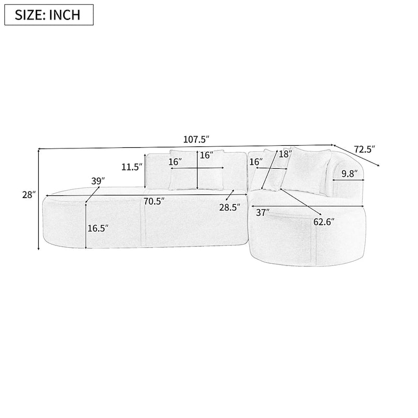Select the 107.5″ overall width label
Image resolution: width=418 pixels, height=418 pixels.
[196, 140]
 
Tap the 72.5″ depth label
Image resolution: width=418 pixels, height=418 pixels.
[364, 149]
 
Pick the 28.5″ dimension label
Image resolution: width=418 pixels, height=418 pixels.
[229, 207]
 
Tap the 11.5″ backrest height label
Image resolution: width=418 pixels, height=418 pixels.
[131, 167]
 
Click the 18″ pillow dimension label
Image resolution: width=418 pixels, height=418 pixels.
[284, 154]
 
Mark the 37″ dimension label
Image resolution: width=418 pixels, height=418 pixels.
[262, 213]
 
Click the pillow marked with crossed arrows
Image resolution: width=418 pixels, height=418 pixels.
[197, 170]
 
